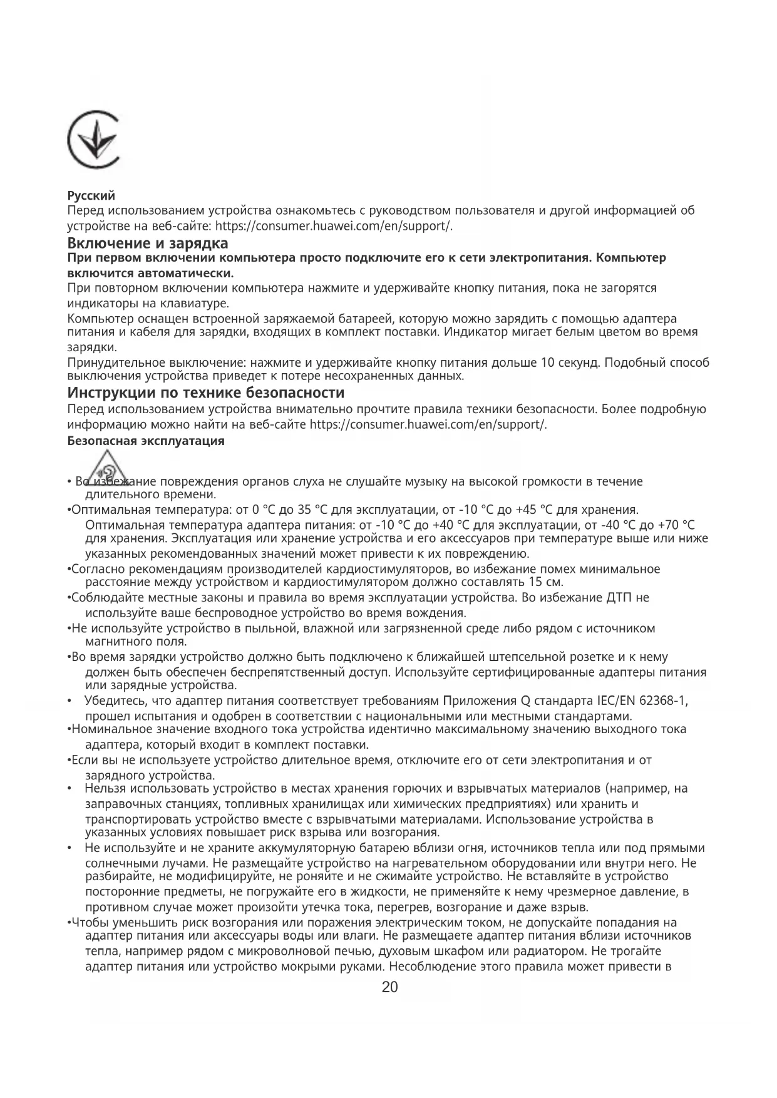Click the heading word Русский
pyautogui.click(x=91, y=196)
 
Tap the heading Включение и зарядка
pyautogui.click(x=147, y=242)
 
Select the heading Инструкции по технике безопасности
pyautogui.click(x=205, y=393)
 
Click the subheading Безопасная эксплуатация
pyautogui.click(x=145, y=441)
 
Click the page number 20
pyautogui.click(x=389, y=988)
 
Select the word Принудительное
pyautogui.click(x=116, y=363)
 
